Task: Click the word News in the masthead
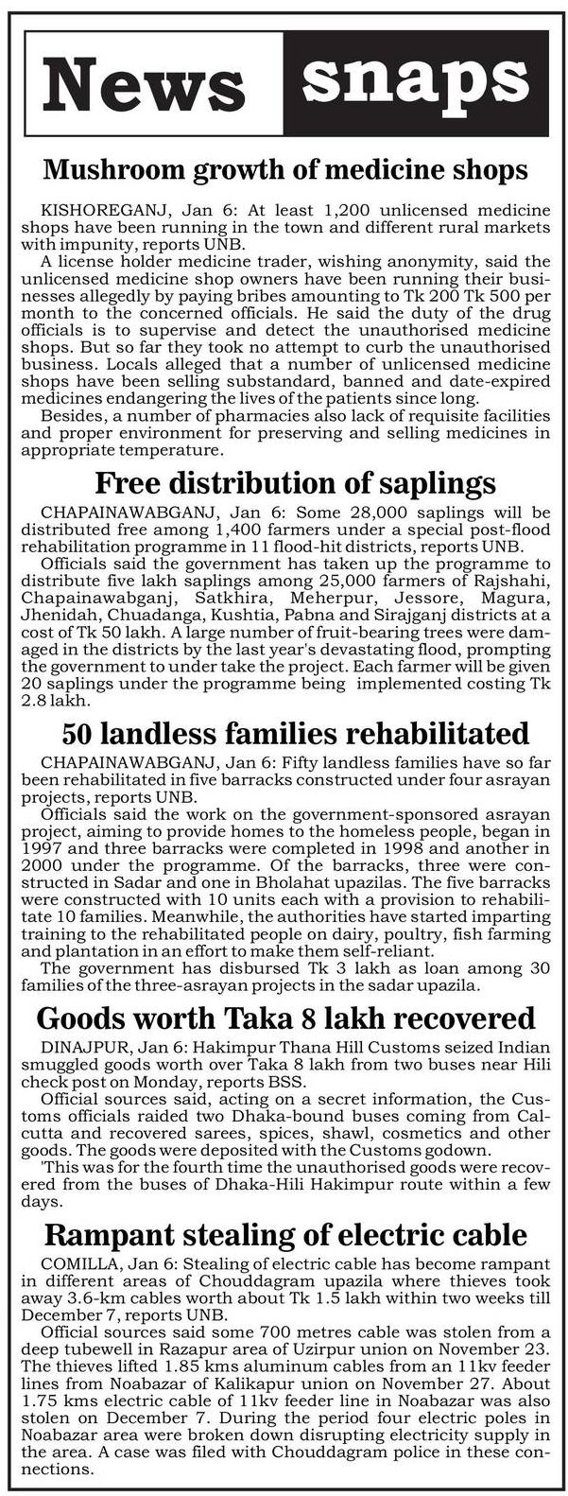click(x=145, y=83)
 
